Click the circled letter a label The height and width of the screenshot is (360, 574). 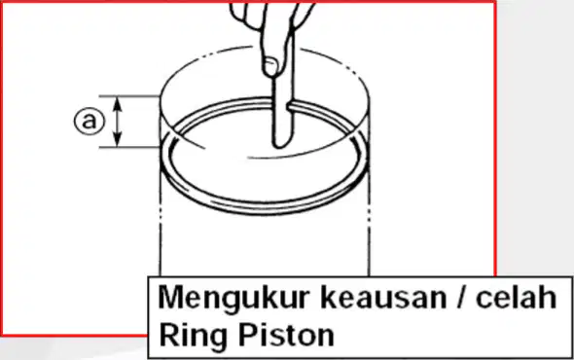[x=90, y=122]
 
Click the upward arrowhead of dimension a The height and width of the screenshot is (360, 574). [x=117, y=103]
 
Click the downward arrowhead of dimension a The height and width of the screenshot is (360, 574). [x=117, y=140]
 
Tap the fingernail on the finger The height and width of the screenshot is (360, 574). [x=270, y=66]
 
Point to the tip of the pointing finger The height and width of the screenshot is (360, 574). [x=281, y=145]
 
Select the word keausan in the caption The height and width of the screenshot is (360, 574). [x=383, y=298]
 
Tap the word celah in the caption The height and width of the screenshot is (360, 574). [x=516, y=297]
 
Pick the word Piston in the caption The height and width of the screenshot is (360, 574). [x=286, y=335]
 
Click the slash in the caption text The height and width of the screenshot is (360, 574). [x=461, y=298]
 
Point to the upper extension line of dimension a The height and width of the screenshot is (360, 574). [x=129, y=96]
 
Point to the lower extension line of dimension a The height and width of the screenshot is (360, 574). [x=129, y=148]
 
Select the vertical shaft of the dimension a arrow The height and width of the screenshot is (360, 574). [x=117, y=122]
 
